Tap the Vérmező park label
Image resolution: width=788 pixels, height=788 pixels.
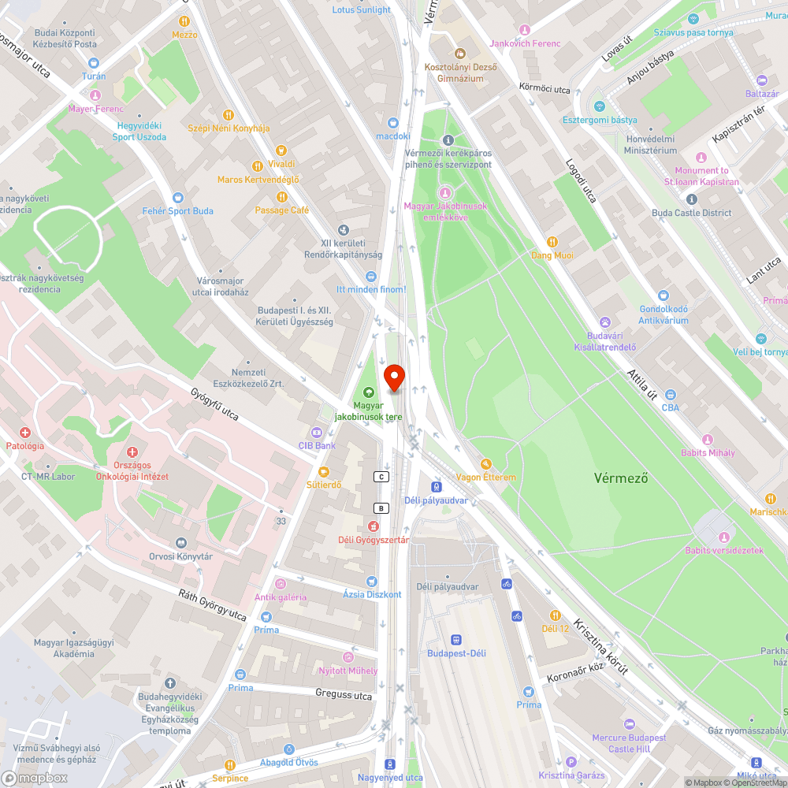click(620, 478)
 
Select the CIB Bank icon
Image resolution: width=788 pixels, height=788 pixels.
click(317, 433)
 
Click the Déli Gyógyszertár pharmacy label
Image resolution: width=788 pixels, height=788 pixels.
click(374, 540)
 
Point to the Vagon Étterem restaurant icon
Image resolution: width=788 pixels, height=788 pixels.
click(486, 464)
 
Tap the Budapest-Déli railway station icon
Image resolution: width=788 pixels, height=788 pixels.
click(455, 640)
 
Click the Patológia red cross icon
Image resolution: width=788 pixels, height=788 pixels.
click(25, 433)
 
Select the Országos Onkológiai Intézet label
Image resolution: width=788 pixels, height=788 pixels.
click(132, 470)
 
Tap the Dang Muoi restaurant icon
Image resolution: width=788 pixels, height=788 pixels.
click(552, 242)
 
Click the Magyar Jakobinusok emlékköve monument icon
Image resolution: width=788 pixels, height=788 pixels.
click(446, 192)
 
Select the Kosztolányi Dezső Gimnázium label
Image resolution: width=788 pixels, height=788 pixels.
click(460, 72)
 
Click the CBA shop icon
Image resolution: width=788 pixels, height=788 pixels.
click(670, 395)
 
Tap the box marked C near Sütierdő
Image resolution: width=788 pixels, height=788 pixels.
click(381, 477)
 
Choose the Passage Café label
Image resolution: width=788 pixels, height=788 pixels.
click(281, 210)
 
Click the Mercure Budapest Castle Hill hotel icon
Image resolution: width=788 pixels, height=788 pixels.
click(629, 724)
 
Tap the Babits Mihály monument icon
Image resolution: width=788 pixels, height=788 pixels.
click(708, 440)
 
